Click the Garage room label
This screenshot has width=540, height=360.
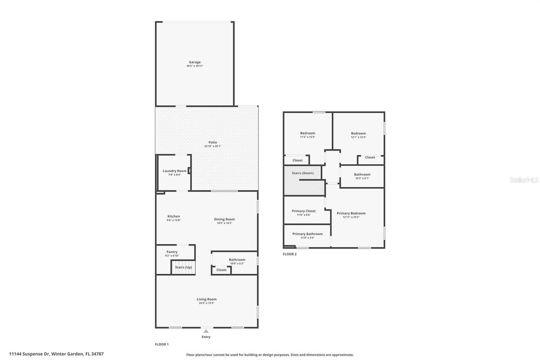pyautogui.click(x=194, y=62)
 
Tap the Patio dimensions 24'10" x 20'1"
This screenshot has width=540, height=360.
pyautogui.click(x=213, y=146)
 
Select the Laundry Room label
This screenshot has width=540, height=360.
pyautogui.click(x=175, y=171)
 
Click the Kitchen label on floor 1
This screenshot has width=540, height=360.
pyautogui.click(x=173, y=216)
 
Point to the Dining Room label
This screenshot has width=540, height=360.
pyautogui.click(x=224, y=219)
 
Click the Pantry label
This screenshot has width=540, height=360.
pyautogui.click(x=172, y=252)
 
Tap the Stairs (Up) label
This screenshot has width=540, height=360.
pyautogui.click(x=184, y=267)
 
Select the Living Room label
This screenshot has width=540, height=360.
pyautogui.click(x=206, y=299)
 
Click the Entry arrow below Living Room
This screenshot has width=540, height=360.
pyautogui.click(x=206, y=332)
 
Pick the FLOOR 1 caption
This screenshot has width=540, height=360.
pyautogui.click(x=162, y=344)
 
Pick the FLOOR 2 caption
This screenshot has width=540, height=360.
pyautogui.click(x=289, y=254)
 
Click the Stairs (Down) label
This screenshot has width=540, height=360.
pyautogui.click(x=302, y=173)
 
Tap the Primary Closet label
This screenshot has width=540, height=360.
pyautogui.click(x=303, y=211)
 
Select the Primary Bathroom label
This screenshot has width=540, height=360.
pyautogui.click(x=307, y=234)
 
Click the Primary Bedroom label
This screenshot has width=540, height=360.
pyautogui.click(x=351, y=213)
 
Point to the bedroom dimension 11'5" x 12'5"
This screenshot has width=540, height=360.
pyautogui.click(x=308, y=137)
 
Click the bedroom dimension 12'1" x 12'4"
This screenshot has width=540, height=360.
pyautogui.click(x=358, y=137)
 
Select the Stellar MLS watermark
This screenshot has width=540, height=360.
pyautogui.click(x=524, y=180)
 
